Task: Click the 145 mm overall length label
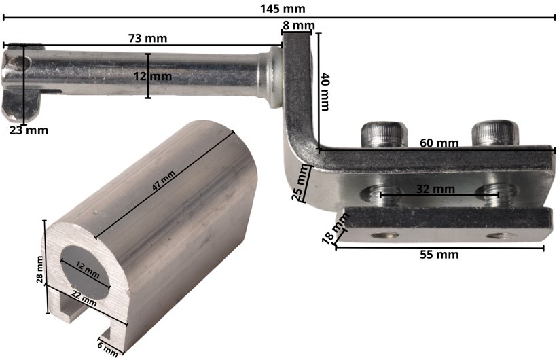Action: (x=283, y=9)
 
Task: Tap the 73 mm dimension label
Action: (x=147, y=38)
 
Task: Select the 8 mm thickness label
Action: (x=299, y=26)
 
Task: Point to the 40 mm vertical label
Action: (x=325, y=92)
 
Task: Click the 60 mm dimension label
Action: (x=439, y=143)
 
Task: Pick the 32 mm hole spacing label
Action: (x=435, y=189)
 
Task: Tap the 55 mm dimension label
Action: (x=439, y=255)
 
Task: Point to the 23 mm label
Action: (x=29, y=130)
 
